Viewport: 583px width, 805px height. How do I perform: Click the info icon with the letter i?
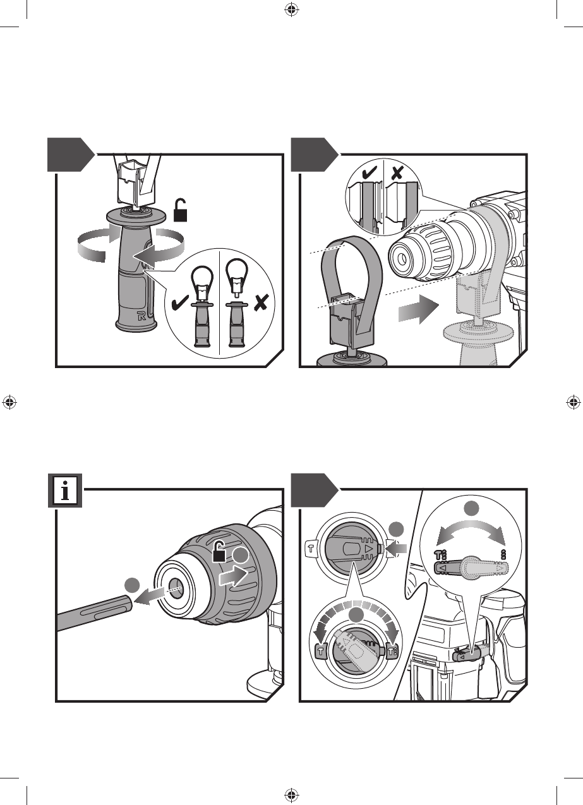pyautogui.click(x=66, y=491)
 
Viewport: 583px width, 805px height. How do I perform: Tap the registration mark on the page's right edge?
pyautogui.click(x=574, y=402)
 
